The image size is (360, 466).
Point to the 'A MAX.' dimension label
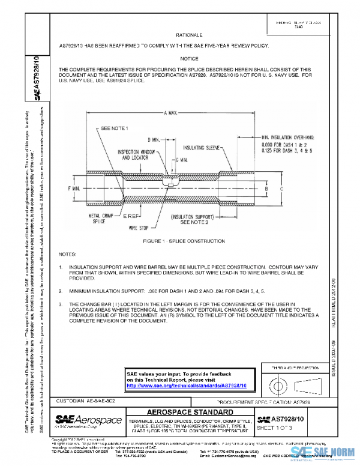[x=172, y=113]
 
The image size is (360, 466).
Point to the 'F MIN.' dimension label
[x=74, y=188]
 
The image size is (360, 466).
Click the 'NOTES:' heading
[x=67, y=255]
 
